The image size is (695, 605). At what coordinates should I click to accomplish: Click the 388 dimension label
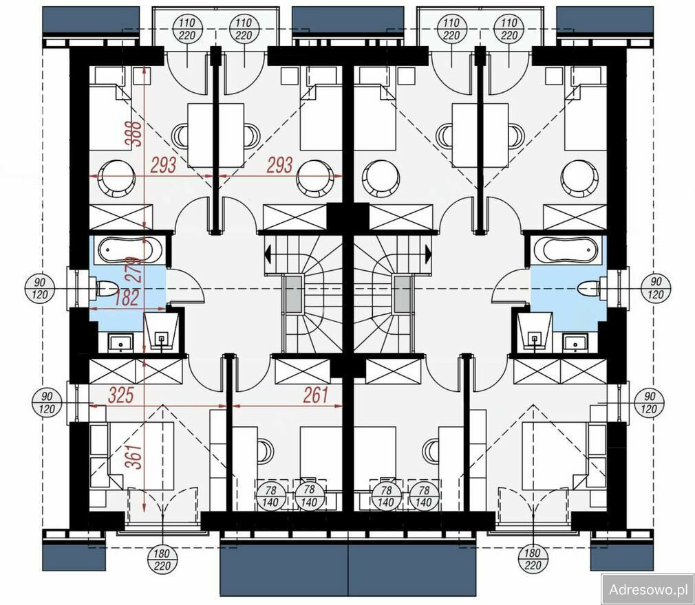click(x=133, y=133)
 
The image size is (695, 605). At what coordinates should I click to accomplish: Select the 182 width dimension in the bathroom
click(x=127, y=298)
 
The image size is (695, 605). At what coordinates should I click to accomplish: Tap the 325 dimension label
click(x=121, y=395)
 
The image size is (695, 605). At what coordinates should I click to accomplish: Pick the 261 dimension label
click(x=316, y=395)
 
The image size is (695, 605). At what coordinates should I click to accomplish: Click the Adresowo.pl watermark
click(x=648, y=589)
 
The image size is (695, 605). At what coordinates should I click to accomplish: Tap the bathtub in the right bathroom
click(x=568, y=250)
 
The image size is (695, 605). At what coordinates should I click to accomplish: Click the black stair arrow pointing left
click(x=268, y=254)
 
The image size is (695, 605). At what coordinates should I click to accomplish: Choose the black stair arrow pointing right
click(x=428, y=254)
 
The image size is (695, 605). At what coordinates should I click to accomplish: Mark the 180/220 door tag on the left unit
click(x=162, y=559)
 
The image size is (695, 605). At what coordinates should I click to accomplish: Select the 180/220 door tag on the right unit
click(x=533, y=559)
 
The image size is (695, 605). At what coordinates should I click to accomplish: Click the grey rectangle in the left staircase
click(x=293, y=294)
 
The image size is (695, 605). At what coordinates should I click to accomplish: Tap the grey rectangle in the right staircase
click(x=402, y=294)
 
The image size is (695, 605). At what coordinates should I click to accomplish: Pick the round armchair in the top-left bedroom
click(x=116, y=178)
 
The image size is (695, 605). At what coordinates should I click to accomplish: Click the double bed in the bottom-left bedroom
click(x=141, y=455)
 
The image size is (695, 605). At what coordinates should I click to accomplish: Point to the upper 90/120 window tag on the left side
click(x=40, y=288)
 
